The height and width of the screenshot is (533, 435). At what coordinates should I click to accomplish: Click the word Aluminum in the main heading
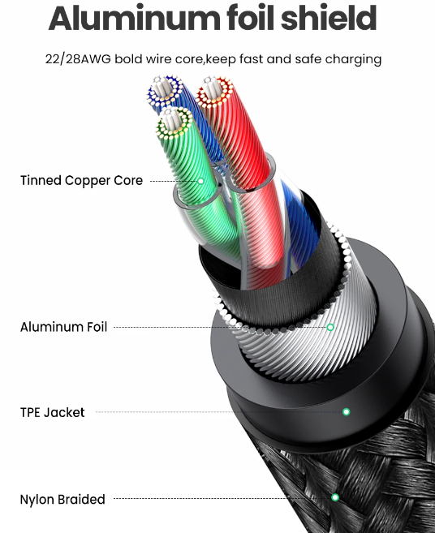pyautogui.click(x=135, y=18)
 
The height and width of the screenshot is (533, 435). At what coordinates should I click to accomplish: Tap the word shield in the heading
pyautogui.click(x=329, y=18)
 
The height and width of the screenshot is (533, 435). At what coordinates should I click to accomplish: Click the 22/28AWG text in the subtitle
pyautogui.click(x=78, y=59)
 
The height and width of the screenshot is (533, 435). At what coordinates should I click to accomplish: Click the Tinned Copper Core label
pyautogui.click(x=82, y=180)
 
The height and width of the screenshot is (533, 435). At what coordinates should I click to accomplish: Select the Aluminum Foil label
pyautogui.click(x=63, y=327)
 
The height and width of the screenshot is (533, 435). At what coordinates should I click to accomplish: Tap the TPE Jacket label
pyautogui.click(x=53, y=412)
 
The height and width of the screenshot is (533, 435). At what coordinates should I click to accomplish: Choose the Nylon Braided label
pyautogui.click(x=62, y=500)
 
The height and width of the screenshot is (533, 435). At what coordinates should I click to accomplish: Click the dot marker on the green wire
pyautogui.click(x=200, y=181)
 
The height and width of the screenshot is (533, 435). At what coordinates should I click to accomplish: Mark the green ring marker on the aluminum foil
pyautogui.click(x=330, y=328)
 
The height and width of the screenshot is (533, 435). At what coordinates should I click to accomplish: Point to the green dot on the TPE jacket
pyautogui.click(x=347, y=412)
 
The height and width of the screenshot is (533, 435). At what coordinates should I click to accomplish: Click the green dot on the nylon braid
pyautogui.click(x=335, y=497)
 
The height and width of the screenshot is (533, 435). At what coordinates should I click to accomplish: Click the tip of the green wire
pyautogui.click(x=174, y=123)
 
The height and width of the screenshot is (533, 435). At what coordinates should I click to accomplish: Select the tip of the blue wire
pyautogui.click(x=165, y=91)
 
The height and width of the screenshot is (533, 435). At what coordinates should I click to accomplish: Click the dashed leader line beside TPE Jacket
pyautogui.click(x=219, y=412)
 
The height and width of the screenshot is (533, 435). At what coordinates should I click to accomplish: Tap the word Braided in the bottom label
pyautogui.click(x=81, y=500)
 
